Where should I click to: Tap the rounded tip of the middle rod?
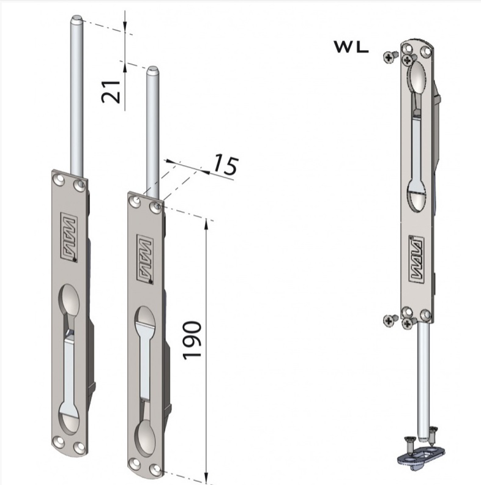[152, 70]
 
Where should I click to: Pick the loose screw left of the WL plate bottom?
[389, 320]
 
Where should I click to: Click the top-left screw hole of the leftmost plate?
[59, 178]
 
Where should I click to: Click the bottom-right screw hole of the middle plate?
[157, 470]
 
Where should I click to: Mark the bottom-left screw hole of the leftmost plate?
[59, 439]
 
